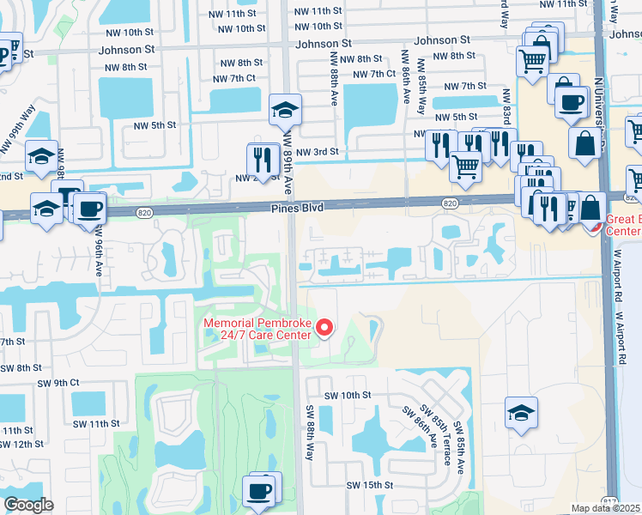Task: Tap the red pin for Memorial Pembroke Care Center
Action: click(324, 327)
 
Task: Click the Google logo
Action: click(28, 505)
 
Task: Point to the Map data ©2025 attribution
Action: click(606, 508)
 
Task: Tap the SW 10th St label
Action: click(348, 396)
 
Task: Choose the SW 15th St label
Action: click(370, 486)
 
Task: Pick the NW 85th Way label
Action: click(421, 86)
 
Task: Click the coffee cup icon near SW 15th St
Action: click(259, 491)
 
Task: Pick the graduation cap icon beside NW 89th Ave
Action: click(285, 110)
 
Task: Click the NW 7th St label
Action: click(462, 87)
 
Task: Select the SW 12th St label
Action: click(21, 444)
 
